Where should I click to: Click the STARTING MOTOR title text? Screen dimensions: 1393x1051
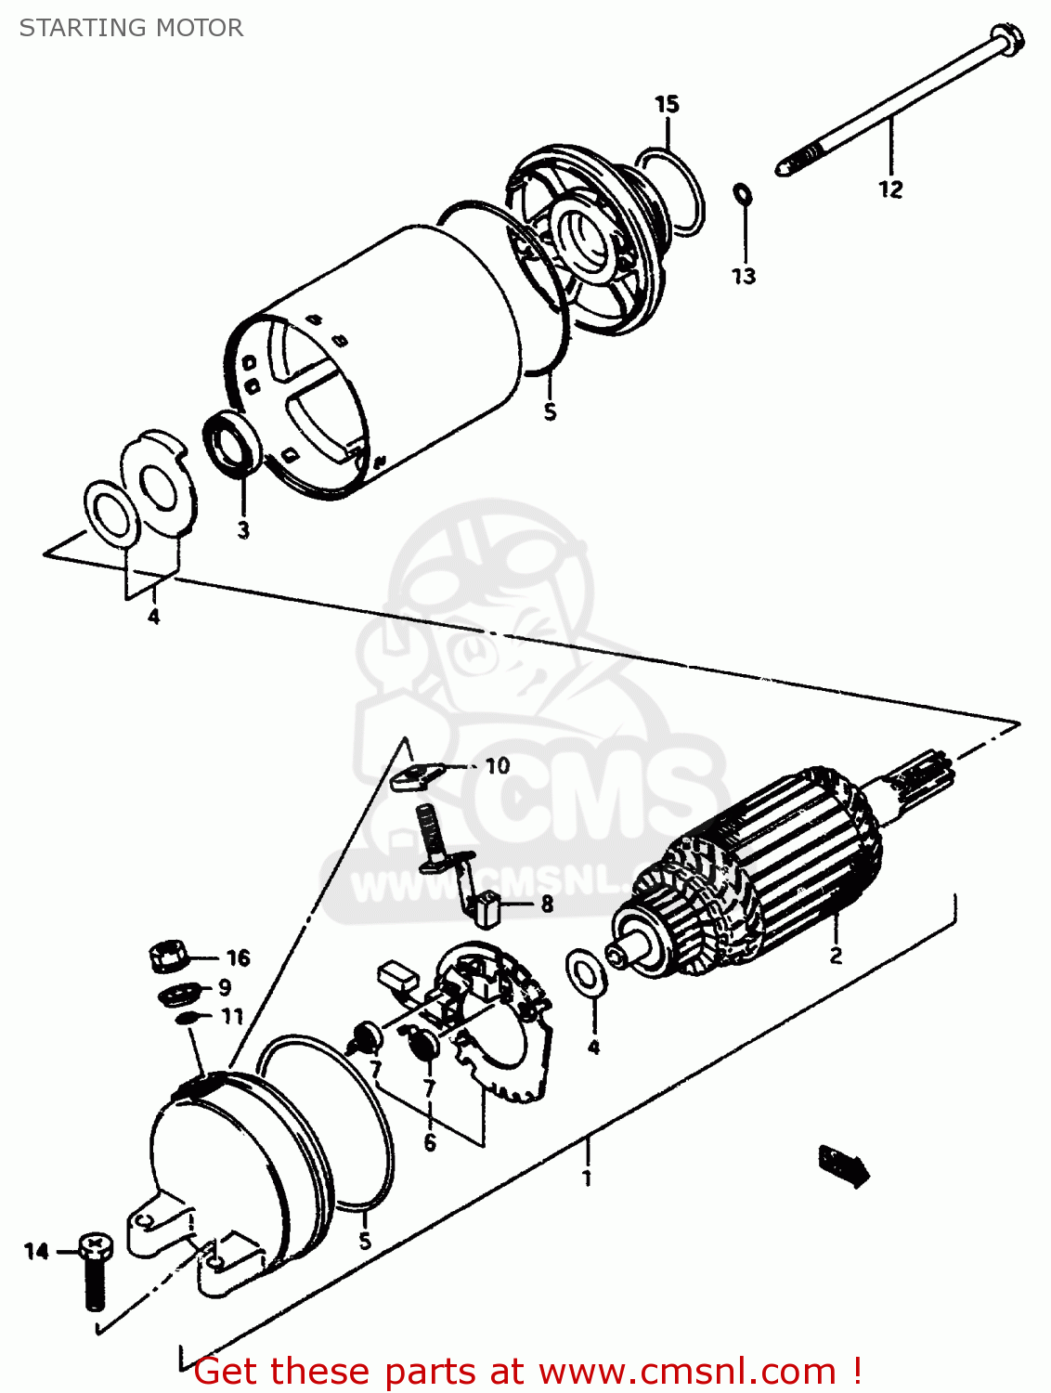tap(131, 28)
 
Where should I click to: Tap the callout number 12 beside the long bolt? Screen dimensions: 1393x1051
tap(889, 189)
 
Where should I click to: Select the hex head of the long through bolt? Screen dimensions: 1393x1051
tap(1008, 40)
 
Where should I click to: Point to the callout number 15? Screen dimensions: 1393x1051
tap(667, 104)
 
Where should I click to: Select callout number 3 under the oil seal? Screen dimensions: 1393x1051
tap(243, 530)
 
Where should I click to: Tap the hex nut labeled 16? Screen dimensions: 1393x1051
tap(168, 955)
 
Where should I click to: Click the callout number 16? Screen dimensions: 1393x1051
tap(238, 957)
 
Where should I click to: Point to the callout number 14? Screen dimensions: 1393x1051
tap(36, 1252)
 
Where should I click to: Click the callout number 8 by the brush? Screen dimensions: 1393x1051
tap(547, 904)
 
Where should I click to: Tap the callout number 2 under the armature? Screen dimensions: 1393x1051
tap(836, 955)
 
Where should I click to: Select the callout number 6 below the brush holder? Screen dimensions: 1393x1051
tap(430, 1142)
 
